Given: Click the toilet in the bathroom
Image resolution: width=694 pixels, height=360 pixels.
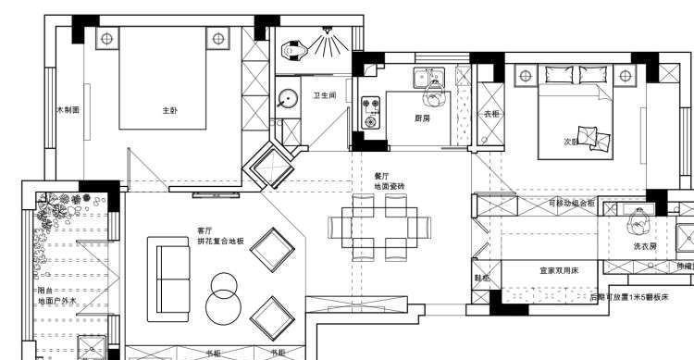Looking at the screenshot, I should tap(294, 46).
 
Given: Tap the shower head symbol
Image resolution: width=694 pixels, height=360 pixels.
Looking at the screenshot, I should tap(330, 40).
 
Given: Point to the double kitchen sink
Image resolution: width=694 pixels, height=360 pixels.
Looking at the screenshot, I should tap(429, 77).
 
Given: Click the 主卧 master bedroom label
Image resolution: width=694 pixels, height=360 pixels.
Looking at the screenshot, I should tap(169, 110).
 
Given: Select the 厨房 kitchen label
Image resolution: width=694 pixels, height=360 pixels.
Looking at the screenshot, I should tap(422, 118).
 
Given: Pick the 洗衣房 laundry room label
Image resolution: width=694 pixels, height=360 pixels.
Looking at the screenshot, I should tap(645, 247).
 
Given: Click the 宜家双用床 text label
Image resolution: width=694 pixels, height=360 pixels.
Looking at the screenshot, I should tap(560, 271).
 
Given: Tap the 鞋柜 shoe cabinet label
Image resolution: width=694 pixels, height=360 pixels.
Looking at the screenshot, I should tap(482, 278).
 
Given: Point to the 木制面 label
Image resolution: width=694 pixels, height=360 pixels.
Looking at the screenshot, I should tap(68, 109).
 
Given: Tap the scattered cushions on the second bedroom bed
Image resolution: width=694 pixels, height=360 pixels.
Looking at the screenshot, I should tap(592, 138).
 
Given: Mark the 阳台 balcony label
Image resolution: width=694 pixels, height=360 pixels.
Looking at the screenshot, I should tap(45, 289).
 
